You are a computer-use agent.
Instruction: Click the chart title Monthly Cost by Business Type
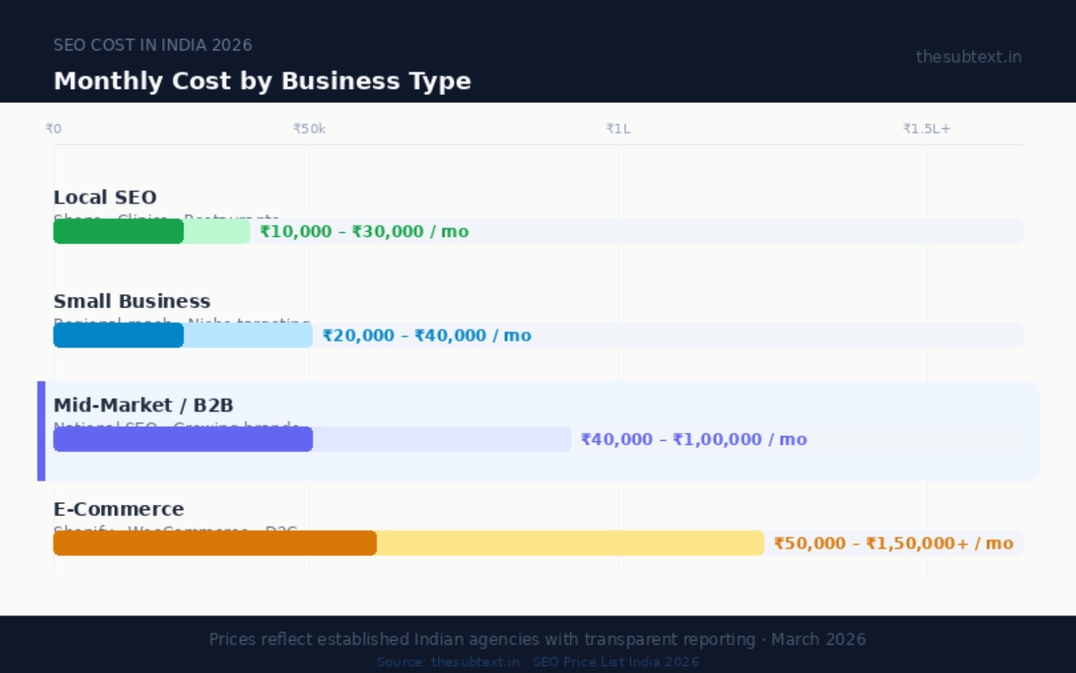tap(262, 81)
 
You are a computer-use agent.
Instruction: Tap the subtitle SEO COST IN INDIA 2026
tap(153, 45)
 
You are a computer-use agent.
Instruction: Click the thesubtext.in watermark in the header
tap(968, 57)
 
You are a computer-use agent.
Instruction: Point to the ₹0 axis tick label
tap(53, 129)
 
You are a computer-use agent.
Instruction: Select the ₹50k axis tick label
tap(309, 129)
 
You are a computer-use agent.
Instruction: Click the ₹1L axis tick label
tap(618, 129)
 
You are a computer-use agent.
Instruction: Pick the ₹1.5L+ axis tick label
tap(927, 129)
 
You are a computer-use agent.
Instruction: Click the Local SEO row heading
tap(105, 197)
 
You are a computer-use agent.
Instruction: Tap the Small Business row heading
tap(132, 301)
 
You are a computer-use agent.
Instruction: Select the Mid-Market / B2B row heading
tap(143, 405)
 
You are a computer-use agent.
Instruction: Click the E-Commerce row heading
tap(118, 509)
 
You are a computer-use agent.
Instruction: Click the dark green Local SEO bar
tap(118, 232)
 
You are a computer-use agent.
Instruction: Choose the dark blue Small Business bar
tap(118, 335)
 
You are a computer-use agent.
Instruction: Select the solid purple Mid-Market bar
tap(183, 439)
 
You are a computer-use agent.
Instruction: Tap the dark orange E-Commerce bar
tap(215, 543)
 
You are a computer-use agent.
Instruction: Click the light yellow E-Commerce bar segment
tap(570, 543)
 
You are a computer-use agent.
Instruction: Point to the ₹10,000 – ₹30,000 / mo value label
tap(364, 232)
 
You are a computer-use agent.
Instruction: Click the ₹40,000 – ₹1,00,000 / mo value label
tap(694, 439)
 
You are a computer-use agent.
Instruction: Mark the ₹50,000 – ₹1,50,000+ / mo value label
tap(893, 543)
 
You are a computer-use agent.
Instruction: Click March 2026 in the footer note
tap(818, 639)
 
